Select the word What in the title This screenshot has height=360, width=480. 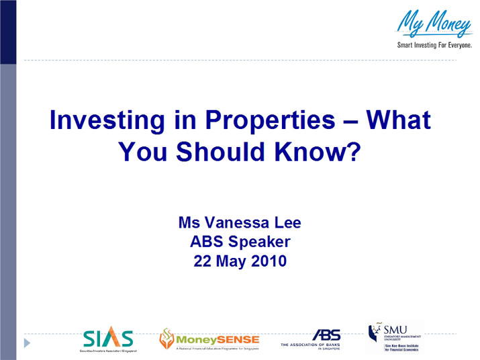pos(398,121)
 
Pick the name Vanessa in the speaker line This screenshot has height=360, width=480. pos(235,222)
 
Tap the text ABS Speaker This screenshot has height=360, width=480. pos(240,242)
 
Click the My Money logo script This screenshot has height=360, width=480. pos(434,24)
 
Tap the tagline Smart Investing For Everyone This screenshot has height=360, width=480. pos(433,45)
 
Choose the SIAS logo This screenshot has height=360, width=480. pos(108,337)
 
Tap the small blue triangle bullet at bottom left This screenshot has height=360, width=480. pos(27,343)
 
